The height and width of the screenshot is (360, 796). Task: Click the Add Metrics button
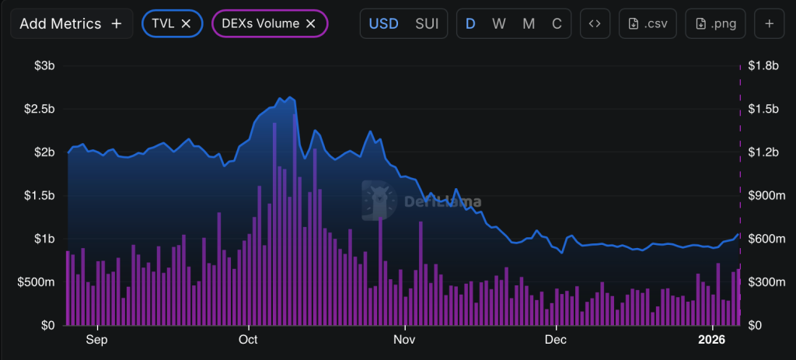coord(71,23)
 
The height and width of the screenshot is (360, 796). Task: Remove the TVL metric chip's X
coord(187,23)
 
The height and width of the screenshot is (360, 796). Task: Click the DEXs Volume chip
coord(261,23)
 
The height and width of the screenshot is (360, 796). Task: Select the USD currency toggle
coord(384,23)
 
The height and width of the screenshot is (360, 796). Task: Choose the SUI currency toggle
coord(426,23)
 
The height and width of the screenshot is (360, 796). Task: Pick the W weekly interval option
coord(499,23)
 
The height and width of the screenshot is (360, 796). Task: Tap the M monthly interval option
coord(529,23)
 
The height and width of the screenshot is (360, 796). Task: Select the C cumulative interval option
coord(557,23)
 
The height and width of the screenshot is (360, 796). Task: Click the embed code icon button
coord(595,23)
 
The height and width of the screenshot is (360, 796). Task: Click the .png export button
coord(717,23)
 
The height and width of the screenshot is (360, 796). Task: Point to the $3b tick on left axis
coord(44,66)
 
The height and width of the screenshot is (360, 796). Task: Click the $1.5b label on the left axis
coord(39,195)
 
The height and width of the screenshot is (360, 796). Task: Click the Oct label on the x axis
coord(248,340)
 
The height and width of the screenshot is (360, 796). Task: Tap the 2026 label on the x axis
coord(711,340)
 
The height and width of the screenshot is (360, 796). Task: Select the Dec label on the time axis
coord(555,340)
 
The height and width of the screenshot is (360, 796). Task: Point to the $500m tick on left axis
coord(37,281)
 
